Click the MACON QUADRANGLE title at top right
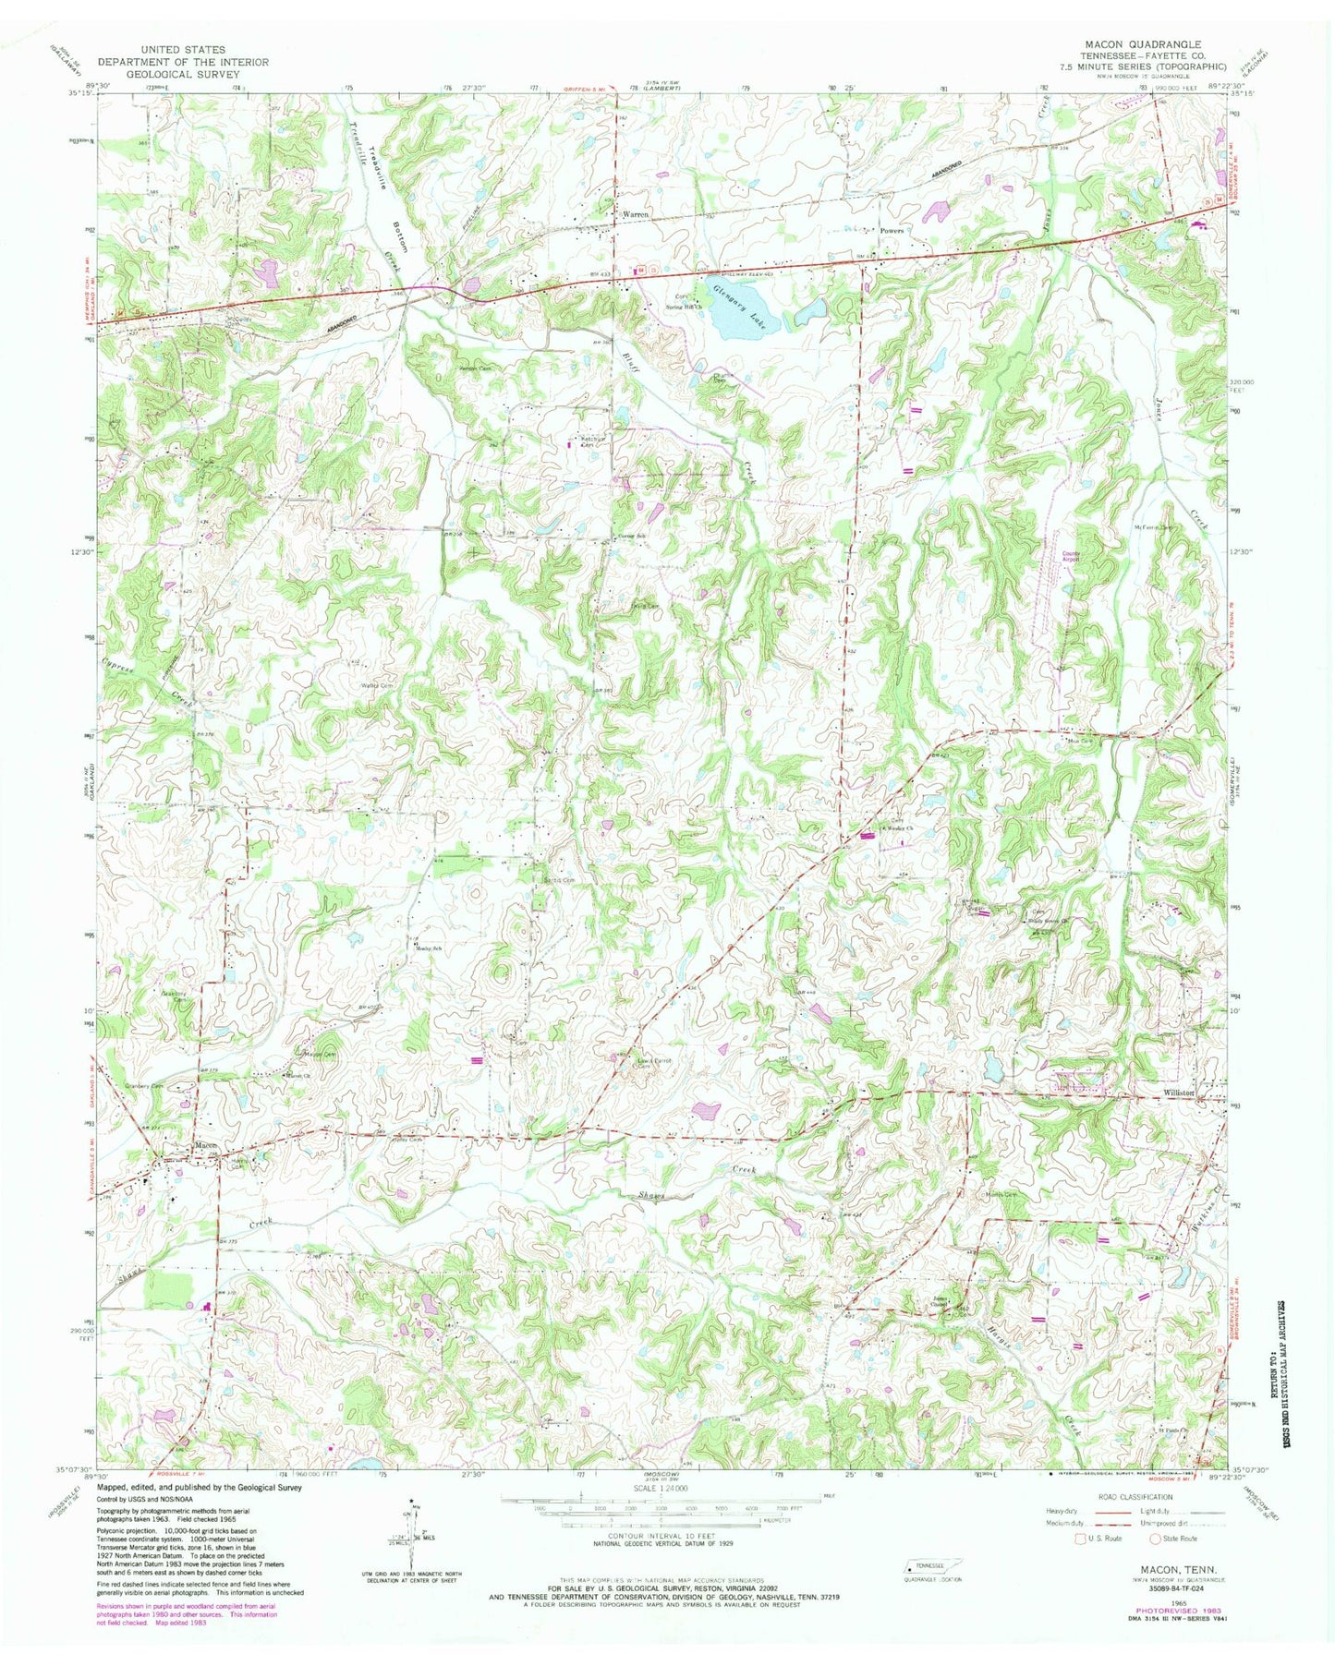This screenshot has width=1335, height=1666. pos(1149,43)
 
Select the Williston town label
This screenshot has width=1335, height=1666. pos(1185,1093)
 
